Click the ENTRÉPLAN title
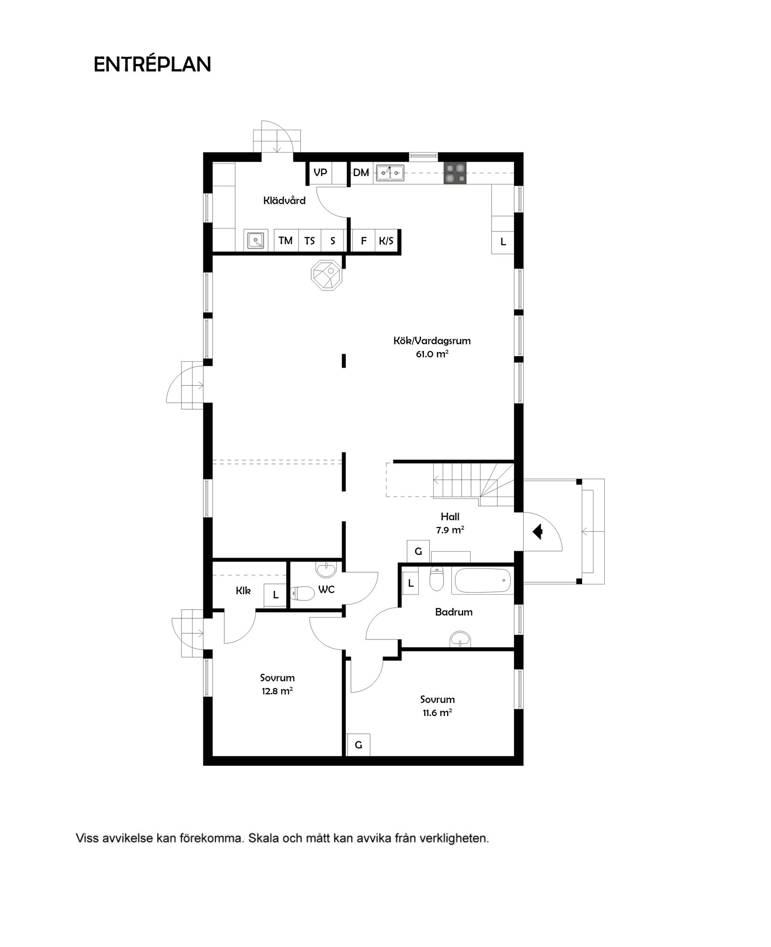(x=152, y=64)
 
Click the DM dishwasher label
(x=361, y=173)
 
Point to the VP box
(x=320, y=173)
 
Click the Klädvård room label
(x=284, y=201)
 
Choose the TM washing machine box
(x=286, y=241)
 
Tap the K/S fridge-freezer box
(x=386, y=241)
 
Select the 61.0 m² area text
(x=432, y=354)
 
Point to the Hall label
(x=450, y=517)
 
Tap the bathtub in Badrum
(x=482, y=581)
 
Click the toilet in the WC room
(x=303, y=593)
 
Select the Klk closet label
(x=243, y=591)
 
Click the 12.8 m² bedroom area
(x=277, y=691)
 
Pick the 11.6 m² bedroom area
(x=437, y=713)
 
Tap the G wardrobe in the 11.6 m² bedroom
(x=358, y=745)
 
